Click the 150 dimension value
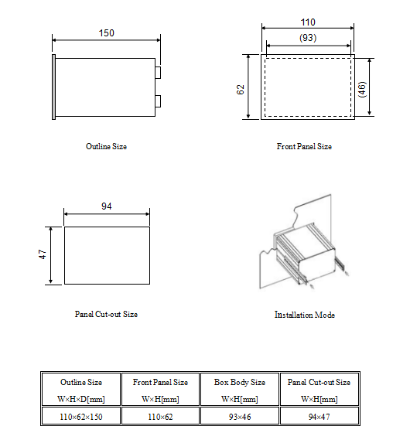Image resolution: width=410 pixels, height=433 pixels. [107, 33]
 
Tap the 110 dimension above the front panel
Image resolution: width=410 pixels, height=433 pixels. [308, 22]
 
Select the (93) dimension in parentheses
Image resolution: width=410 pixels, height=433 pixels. [308, 38]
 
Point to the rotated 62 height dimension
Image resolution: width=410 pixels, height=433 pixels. [241, 90]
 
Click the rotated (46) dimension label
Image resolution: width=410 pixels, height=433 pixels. [362, 89]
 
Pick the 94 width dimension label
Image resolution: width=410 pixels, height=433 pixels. [107, 206]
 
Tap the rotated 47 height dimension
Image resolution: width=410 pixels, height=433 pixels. [43, 254]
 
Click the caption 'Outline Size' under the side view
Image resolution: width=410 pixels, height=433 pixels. [107, 146]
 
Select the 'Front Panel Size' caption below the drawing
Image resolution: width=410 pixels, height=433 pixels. [304, 146]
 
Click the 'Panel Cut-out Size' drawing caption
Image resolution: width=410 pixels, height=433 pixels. [106, 314]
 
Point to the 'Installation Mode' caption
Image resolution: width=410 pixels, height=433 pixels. [305, 315]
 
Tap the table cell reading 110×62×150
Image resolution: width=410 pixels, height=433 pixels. [81, 417]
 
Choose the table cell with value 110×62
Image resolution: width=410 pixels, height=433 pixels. [160, 417]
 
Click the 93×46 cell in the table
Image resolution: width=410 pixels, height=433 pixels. [240, 417]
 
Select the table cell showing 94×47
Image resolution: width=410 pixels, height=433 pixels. [319, 417]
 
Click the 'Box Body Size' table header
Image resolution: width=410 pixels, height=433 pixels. [240, 382]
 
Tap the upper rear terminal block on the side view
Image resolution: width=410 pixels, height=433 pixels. [158, 73]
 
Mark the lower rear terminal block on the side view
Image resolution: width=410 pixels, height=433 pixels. [158, 101]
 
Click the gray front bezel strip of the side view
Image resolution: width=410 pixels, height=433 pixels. [53, 87]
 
